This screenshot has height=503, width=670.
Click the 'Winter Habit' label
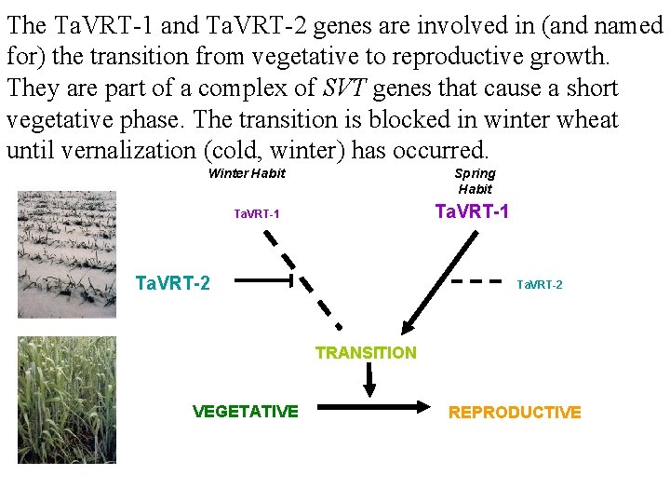click(x=247, y=173)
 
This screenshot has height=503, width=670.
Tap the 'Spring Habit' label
click(x=475, y=181)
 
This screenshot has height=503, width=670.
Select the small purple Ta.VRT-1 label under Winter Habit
click(x=257, y=214)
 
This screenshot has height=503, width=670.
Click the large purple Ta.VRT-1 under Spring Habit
click(x=472, y=211)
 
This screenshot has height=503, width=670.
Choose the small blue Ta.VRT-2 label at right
click(x=540, y=284)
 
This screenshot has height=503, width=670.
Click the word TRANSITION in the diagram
click(x=366, y=352)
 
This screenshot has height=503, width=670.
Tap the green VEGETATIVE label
click(x=246, y=411)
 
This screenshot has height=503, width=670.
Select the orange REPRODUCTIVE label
click(x=515, y=412)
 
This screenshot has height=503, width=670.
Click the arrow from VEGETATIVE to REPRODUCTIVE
click(x=372, y=407)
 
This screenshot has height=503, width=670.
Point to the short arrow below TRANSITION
click(x=368, y=378)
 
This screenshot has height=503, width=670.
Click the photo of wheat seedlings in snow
click(x=67, y=254)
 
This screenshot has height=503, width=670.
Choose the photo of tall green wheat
click(x=67, y=399)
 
